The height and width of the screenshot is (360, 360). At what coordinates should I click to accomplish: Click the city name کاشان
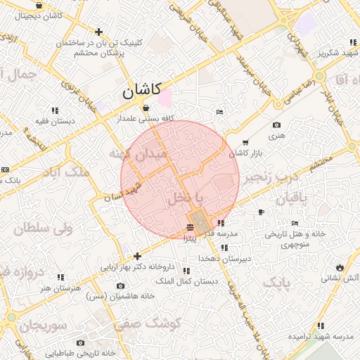(141, 90)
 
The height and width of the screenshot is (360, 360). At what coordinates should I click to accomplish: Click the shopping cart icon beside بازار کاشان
(245, 143)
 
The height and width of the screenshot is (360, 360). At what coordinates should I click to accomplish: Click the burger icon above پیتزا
(191, 227)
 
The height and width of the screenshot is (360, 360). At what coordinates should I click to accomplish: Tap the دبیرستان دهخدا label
(224, 258)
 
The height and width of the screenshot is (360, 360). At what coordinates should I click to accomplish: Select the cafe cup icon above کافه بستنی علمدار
(146, 108)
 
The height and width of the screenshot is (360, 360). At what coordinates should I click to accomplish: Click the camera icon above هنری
(276, 125)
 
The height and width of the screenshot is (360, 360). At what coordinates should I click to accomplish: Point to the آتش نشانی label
(340, 278)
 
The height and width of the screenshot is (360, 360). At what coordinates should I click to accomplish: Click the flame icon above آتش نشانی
(340, 268)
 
